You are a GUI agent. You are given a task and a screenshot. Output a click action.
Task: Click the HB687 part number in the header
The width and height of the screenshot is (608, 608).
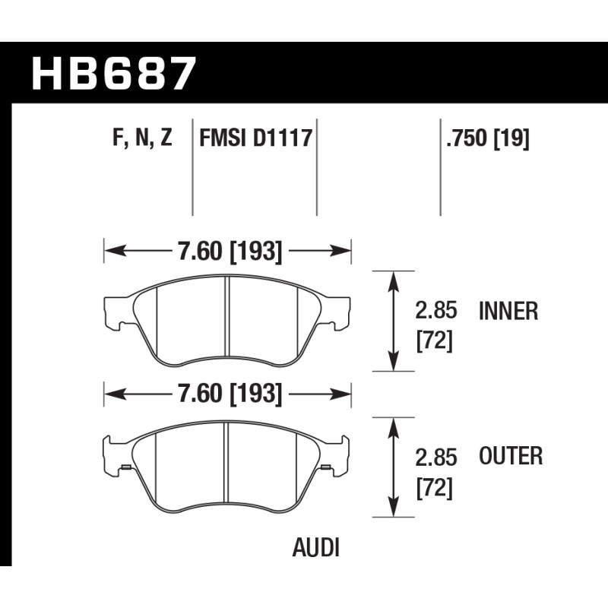tap(113, 74)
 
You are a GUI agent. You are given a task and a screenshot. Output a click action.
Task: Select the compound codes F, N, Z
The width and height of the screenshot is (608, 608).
tap(142, 138)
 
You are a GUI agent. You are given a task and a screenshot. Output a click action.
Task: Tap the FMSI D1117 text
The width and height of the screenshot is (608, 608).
tap(255, 138)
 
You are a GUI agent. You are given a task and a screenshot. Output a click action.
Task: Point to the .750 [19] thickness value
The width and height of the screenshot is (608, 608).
tap(487, 138)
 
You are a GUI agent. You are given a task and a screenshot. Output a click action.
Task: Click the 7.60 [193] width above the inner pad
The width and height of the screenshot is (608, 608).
tap(230, 252)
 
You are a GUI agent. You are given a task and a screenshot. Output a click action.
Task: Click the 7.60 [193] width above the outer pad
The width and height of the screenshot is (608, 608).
tap(230, 394)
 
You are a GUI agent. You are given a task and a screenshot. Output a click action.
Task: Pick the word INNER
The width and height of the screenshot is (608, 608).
tap(508, 311)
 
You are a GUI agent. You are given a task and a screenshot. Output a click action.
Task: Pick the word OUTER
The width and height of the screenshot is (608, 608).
tap(511, 456)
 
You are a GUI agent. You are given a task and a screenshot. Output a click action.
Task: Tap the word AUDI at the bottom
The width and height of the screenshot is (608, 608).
tap(315, 548)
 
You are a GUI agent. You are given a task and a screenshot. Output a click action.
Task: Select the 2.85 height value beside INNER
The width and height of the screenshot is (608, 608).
tap(436, 311)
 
